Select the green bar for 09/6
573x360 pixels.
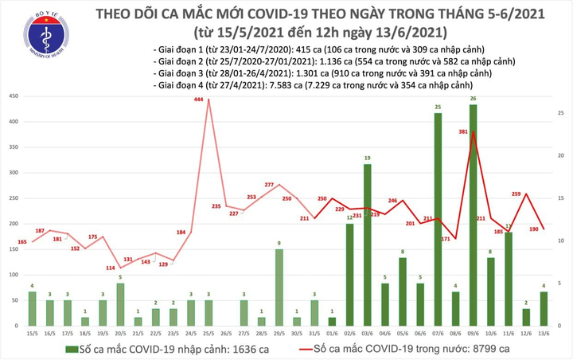click(x=474, y=215)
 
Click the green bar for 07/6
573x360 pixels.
click(x=438, y=220)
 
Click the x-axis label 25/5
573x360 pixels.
click(x=209, y=334)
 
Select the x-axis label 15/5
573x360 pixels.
click(x=31, y=334)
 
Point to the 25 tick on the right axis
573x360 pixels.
click(x=560, y=113)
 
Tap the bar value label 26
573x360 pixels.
click(x=474, y=99)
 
